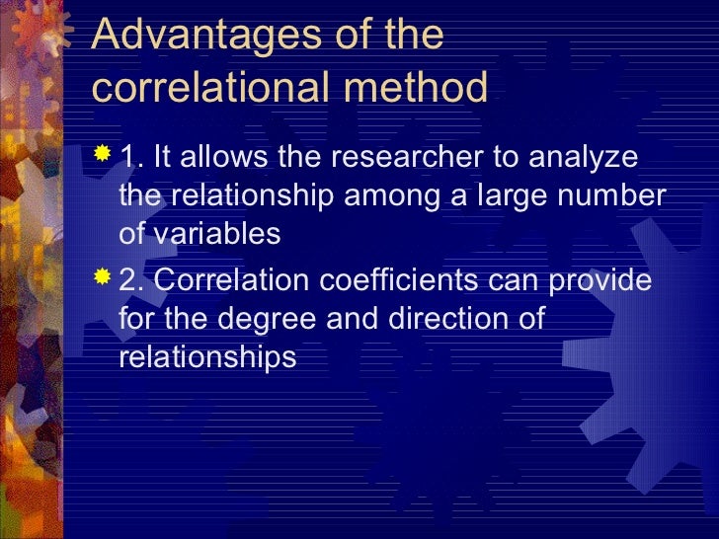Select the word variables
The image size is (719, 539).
coord(215,234)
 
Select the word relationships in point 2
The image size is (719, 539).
coord(206,356)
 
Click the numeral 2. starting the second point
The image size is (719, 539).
coord(131,280)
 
